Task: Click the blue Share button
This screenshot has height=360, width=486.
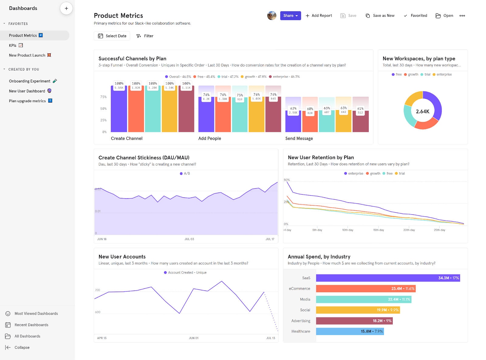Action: coord(290,16)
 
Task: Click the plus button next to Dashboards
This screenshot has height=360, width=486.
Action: coord(66,9)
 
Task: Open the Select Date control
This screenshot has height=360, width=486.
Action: coord(112,36)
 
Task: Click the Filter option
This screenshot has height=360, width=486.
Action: coord(145,36)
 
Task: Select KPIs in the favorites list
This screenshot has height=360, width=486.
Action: coord(13,45)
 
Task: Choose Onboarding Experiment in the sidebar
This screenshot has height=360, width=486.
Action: coord(30,81)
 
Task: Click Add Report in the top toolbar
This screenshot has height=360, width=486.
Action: coord(319,16)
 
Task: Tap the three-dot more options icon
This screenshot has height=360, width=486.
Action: coord(462,16)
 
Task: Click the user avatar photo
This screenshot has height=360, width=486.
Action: coord(272,16)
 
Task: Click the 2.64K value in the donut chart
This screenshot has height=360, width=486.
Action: coord(423,111)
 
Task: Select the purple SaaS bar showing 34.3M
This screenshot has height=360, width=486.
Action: coord(388,278)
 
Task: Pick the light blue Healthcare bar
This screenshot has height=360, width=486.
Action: coord(350,331)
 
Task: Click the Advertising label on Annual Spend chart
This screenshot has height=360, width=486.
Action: coord(301,321)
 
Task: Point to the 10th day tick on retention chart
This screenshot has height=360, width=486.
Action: coord(347,230)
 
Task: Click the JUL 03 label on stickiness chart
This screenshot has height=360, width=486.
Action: coord(189,239)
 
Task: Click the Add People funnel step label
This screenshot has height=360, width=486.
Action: coord(210,138)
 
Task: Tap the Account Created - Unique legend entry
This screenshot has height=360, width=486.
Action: coord(185,272)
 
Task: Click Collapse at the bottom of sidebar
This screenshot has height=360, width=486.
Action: coord(22,348)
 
